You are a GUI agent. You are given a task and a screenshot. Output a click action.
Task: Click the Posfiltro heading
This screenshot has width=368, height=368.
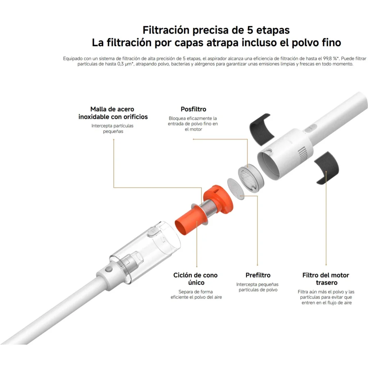(x=193, y=109)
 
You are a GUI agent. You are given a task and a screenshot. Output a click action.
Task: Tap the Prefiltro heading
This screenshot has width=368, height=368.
(x=258, y=275)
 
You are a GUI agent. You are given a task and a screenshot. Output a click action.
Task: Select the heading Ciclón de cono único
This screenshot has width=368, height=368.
(x=195, y=279)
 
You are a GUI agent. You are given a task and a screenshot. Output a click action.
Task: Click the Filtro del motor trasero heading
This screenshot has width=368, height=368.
(x=326, y=279)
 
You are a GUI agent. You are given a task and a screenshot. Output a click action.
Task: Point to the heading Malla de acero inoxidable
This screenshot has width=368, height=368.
(x=113, y=113)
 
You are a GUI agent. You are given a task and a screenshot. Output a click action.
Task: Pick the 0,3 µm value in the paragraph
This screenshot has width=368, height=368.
(x=124, y=64)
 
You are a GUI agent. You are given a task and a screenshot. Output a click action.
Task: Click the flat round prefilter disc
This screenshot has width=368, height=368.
(x=236, y=189)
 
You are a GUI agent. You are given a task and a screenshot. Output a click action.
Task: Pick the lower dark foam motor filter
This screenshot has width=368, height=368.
(x=327, y=167)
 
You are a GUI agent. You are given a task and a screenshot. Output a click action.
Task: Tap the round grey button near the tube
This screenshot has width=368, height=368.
(x=108, y=269)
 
